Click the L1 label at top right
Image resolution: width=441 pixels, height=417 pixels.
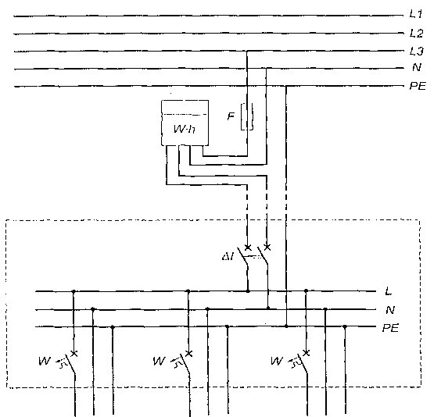[x=416, y=14]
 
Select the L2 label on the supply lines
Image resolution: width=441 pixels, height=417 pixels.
[x=416, y=33]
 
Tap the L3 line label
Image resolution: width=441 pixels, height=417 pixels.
[x=416, y=51]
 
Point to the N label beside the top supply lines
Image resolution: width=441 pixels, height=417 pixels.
[x=417, y=67]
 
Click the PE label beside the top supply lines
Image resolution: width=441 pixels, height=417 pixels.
[x=418, y=86]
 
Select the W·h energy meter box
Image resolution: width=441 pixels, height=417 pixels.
[x=185, y=123]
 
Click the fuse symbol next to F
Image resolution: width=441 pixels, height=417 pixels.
[x=247, y=116]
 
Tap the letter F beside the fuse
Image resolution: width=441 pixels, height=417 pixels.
[x=231, y=116]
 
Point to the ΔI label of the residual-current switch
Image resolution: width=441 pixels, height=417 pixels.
[x=228, y=256]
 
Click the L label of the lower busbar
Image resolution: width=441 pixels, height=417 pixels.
[x=389, y=291]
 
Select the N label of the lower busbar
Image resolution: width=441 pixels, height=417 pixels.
[x=390, y=310]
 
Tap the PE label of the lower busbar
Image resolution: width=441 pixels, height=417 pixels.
[x=390, y=328]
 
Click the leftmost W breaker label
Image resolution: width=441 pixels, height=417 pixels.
[x=45, y=361]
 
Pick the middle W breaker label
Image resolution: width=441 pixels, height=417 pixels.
[x=160, y=361]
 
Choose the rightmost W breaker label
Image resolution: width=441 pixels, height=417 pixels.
[x=277, y=361]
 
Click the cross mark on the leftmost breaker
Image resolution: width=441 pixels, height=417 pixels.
[x=73, y=353]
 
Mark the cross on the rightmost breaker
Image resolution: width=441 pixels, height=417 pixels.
[x=306, y=353]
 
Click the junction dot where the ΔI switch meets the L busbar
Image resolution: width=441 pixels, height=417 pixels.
[x=248, y=291]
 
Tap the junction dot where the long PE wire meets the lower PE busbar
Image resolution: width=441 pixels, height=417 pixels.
[x=286, y=326]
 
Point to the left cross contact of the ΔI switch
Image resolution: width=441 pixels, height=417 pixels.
[x=248, y=248]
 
